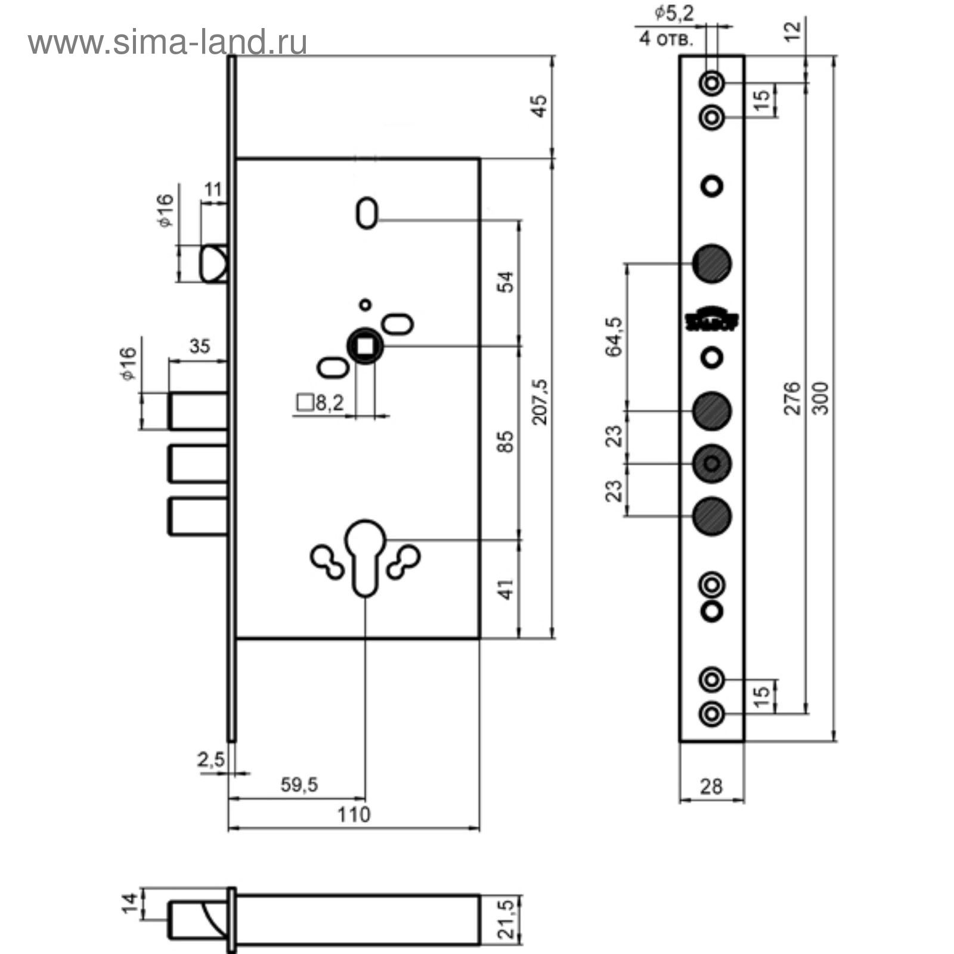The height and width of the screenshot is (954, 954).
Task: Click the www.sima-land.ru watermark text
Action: pos(168,44)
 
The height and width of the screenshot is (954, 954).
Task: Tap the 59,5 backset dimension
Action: pos(299,785)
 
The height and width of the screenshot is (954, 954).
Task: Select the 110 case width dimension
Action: pos(354,814)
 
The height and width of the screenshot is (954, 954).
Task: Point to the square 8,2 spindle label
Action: pos(321,404)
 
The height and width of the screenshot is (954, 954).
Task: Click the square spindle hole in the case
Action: pos(365,345)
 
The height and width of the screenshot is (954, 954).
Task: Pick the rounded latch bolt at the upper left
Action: pos(213,264)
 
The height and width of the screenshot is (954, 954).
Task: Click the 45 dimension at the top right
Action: pos(539,106)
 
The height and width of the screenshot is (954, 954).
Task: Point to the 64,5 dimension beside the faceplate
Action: pos(614,337)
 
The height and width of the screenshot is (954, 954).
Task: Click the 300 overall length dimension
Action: pos(821,398)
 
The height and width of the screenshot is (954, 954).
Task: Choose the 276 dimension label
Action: pos(791,398)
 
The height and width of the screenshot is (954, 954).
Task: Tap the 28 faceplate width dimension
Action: pos(711,787)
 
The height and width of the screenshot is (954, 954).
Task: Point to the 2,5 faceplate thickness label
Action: pos(211,760)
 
